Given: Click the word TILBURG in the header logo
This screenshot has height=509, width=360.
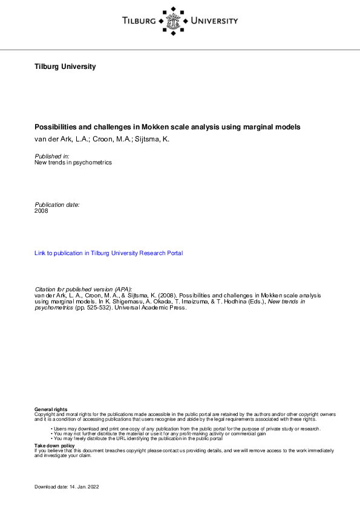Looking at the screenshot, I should [x=139, y=21].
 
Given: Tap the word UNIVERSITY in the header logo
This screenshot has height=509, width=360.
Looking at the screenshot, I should [x=214, y=21].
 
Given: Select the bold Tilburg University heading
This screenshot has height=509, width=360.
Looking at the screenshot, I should [x=65, y=66].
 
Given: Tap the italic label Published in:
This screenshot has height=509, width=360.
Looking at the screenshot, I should [x=52, y=156].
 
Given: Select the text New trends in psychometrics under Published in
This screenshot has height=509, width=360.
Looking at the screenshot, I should [x=73, y=163].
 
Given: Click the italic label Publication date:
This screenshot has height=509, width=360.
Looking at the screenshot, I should [x=57, y=204].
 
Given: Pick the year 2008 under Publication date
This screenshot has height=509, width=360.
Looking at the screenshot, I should [x=42, y=211].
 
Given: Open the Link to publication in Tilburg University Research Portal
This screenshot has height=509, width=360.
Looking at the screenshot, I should [x=109, y=253].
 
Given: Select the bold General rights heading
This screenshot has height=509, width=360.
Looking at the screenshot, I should [x=51, y=410].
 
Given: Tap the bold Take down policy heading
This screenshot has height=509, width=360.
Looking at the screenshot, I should [x=54, y=446].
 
